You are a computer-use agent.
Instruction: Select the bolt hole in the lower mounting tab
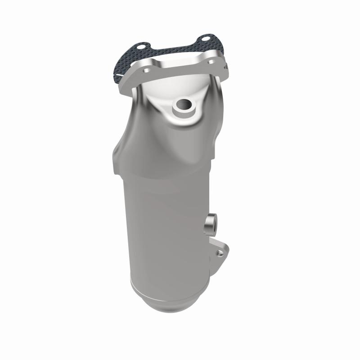(220, 253)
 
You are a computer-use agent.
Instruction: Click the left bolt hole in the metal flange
(147, 71)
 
